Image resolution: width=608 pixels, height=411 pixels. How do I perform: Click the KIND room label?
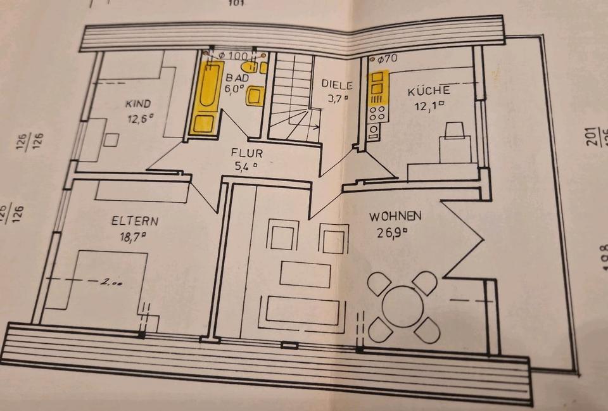138,103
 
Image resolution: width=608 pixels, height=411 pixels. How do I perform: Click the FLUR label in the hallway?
246,153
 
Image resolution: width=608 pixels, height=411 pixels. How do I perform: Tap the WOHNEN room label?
395,217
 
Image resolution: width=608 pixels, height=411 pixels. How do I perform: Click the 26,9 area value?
391,232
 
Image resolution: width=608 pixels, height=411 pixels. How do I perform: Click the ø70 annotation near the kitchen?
386,60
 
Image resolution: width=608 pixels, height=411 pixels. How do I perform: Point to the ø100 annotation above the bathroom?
232,56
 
